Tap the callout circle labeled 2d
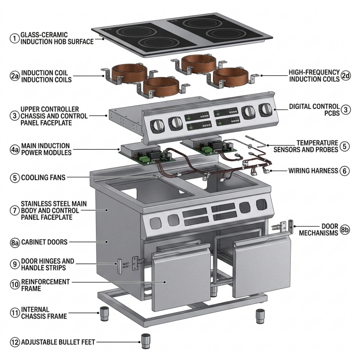[x=346, y=76]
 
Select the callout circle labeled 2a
[x=14, y=76]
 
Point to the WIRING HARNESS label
[x=314, y=170]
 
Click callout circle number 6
[x=345, y=170]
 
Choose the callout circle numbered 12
[x=14, y=342]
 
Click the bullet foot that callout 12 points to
[x=145, y=341]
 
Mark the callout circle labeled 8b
[x=345, y=230]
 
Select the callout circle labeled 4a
[x=14, y=149]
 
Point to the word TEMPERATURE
[x=317, y=143]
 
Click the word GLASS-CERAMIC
[x=44, y=35]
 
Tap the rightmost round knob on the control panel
[x=266, y=109]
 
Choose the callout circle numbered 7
[x=14, y=210]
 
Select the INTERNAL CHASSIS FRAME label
[x=44, y=313]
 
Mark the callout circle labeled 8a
[x=14, y=242]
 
